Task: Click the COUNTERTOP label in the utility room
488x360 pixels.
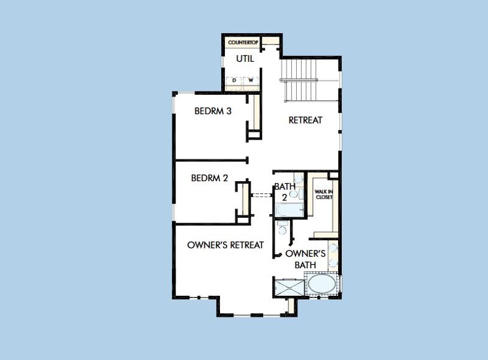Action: pyautogui.click(x=242, y=43)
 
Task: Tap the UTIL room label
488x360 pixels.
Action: pyautogui.click(x=245, y=59)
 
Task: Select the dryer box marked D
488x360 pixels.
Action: pyautogui.click(x=234, y=80)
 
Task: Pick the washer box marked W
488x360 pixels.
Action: pyautogui.click(x=251, y=80)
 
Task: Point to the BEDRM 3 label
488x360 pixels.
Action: pyautogui.click(x=213, y=111)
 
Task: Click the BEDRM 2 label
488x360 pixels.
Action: pyautogui.click(x=209, y=178)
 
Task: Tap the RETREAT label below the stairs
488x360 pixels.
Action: pyautogui.click(x=305, y=120)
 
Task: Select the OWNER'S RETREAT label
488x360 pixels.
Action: pyautogui.click(x=225, y=245)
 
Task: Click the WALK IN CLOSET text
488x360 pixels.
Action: pyautogui.click(x=324, y=194)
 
